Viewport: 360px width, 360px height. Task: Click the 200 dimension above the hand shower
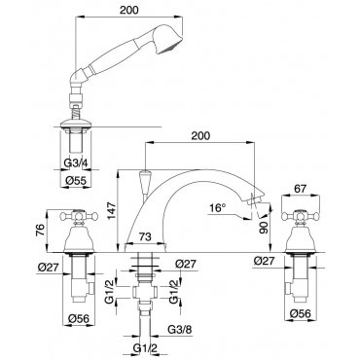tap(129, 10)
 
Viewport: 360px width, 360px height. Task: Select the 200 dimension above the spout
tap(200, 135)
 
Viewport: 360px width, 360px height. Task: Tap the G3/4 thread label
tap(76, 162)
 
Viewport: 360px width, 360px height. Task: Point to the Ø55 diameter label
tap(76, 180)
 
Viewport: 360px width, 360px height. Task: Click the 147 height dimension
tap(112, 211)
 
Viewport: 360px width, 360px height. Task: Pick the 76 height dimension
tap(40, 231)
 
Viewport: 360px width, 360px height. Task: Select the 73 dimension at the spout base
tap(145, 236)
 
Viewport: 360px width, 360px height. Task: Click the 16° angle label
tap(218, 207)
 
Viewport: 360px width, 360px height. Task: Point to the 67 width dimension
tap(300, 189)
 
